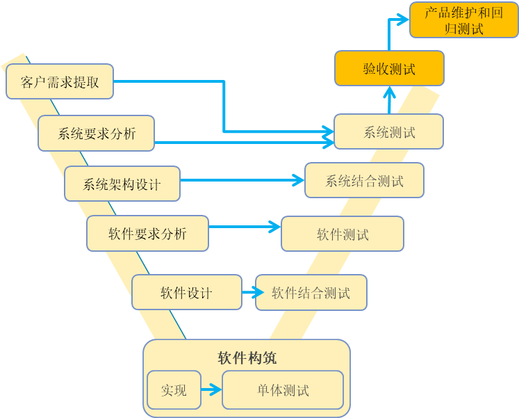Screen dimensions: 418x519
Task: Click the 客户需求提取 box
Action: click(x=60, y=82)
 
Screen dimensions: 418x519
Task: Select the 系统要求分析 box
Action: click(x=96, y=134)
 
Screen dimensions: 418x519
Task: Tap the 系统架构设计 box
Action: click(x=122, y=184)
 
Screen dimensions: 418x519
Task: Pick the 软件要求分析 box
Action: click(x=147, y=234)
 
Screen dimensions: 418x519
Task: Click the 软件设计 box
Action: click(x=186, y=292)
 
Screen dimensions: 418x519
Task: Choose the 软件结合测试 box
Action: click(x=311, y=293)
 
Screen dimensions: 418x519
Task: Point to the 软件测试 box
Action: click(x=342, y=234)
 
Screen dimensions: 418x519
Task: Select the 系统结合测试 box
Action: click(x=364, y=181)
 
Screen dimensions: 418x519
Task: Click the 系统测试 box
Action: click(x=388, y=131)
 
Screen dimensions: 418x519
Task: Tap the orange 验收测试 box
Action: click(x=388, y=69)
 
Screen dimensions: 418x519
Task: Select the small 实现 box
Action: click(x=174, y=390)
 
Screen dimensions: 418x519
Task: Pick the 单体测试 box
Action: click(x=283, y=390)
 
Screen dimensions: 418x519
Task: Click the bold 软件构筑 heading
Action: click(x=247, y=358)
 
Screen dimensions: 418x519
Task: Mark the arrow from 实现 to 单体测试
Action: click(x=211, y=390)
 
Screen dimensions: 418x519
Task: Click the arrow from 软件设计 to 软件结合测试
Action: click(x=249, y=293)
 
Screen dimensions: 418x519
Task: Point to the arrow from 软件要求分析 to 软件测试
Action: click(x=245, y=226)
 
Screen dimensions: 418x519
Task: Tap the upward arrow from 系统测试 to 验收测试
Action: click(x=389, y=100)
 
